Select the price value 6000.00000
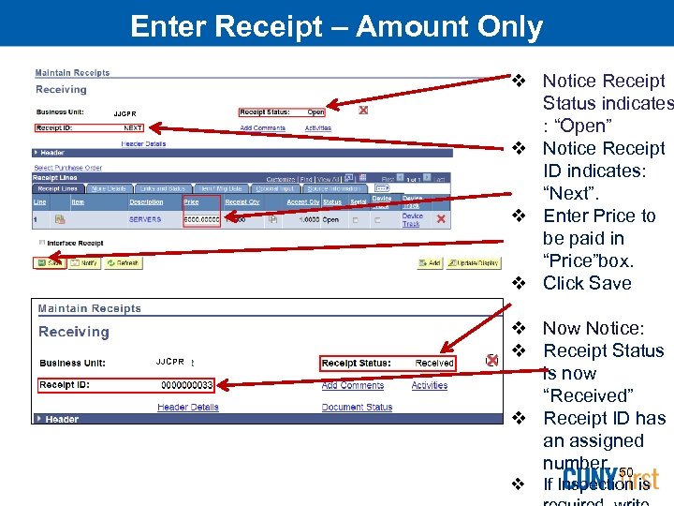tap(201, 219)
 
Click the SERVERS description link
tap(145, 219)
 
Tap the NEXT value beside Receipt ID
tap(133, 127)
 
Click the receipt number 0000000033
tap(187, 385)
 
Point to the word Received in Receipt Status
tap(434, 364)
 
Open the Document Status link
tap(357, 408)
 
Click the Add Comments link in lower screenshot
tap(353, 385)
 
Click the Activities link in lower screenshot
tap(430, 385)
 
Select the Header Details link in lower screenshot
tap(188, 408)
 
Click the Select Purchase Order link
tap(68, 168)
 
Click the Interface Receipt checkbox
tap(41, 243)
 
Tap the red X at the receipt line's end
tap(441, 219)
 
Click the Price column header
tap(191, 201)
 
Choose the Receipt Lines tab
tap(57, 188)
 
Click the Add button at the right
tap(431, 263)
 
